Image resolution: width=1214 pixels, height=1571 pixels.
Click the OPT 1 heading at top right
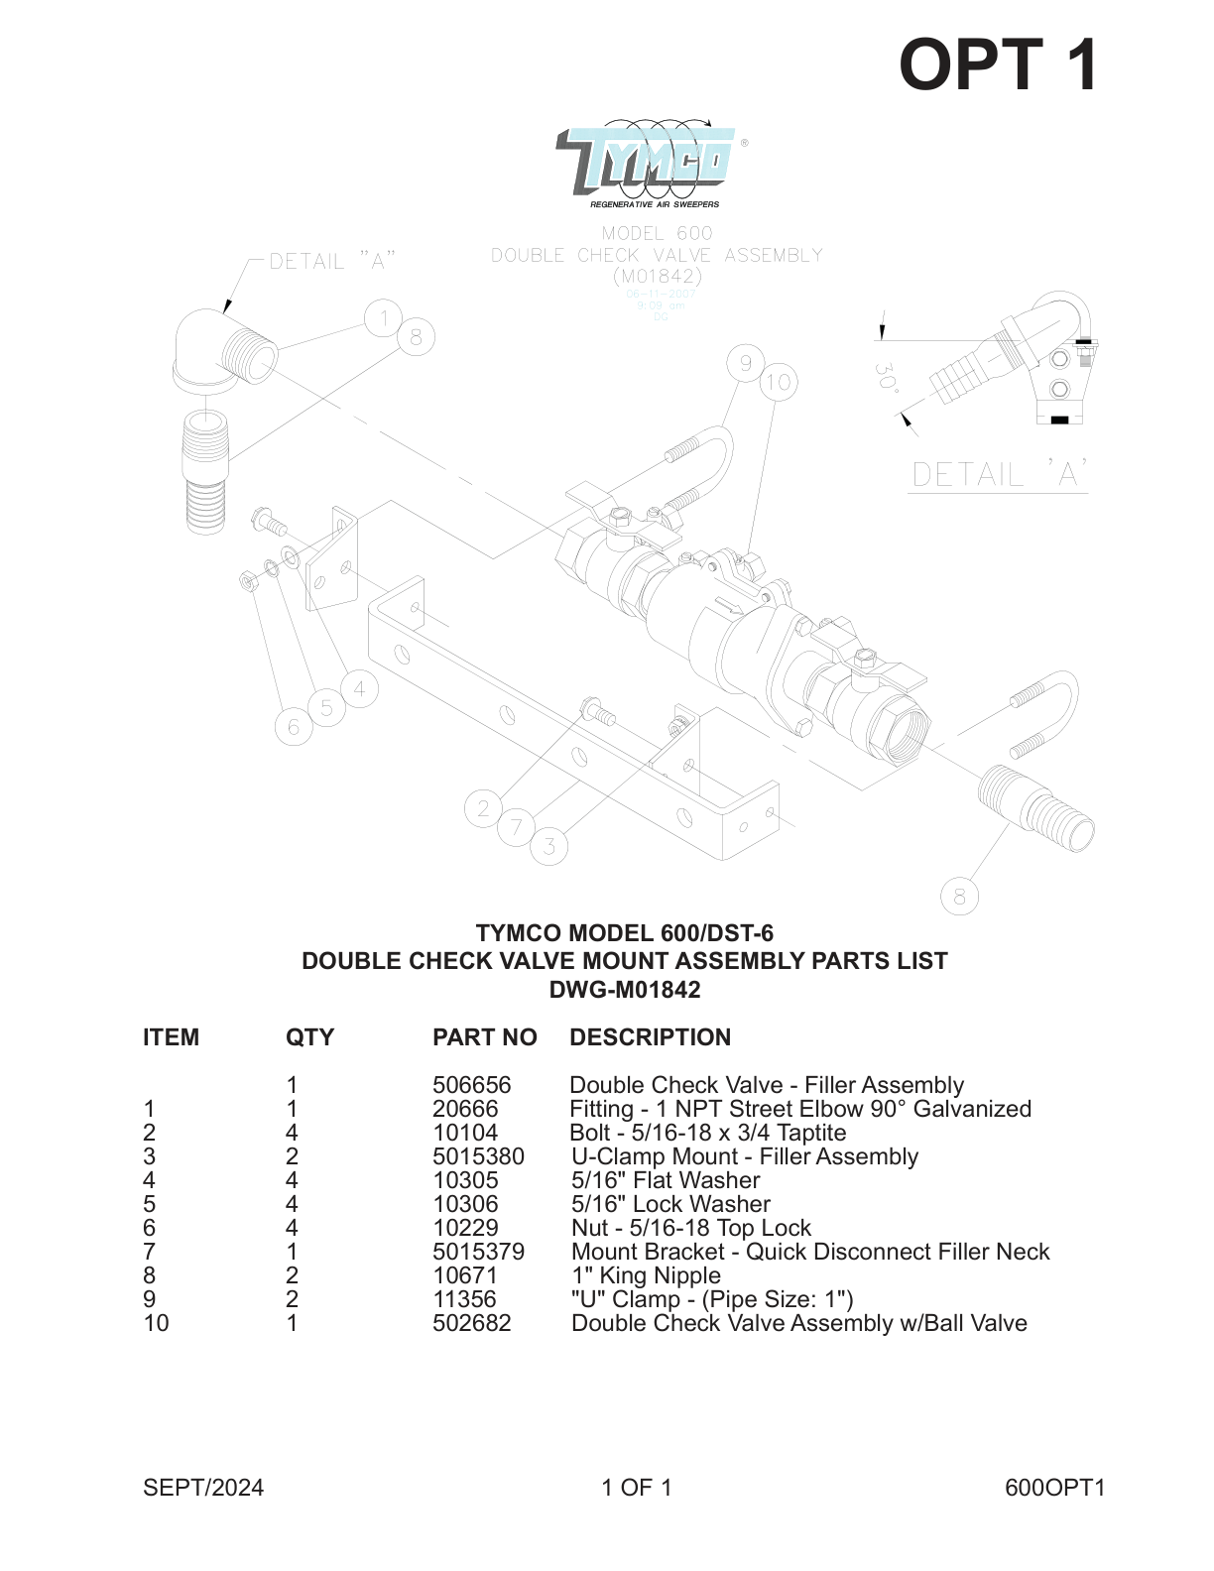tap(998, 65)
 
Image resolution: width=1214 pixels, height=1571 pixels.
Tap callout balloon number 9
tap(745, 364)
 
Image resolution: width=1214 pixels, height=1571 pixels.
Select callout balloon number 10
tap(779, 383)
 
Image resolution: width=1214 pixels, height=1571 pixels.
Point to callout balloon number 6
tap(294, 728)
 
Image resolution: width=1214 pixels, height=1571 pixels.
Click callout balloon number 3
tap(549, 846)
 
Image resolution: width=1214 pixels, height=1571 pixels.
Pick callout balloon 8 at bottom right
tap(959, 898)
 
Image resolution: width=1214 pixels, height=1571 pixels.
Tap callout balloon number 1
tap(383, 318)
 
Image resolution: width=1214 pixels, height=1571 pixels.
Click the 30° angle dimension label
tap(886, 379)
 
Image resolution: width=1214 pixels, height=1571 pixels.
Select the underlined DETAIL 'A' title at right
tap(998, 475)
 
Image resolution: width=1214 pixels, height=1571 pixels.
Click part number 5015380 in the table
tap(478, 1156)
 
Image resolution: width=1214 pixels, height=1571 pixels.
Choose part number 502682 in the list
tap(471, 1323)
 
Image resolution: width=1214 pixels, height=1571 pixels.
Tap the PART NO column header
tap(484, 1037)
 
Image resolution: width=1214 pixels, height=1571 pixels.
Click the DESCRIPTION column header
tap(650, 1037)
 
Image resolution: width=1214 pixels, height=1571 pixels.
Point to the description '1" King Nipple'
tap(646, 1275)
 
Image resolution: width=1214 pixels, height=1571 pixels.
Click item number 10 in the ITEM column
tap(156, 1323)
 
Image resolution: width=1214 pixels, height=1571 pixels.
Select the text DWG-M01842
tap(625, 990)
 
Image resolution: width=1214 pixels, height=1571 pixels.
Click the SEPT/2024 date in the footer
tap(203, 1488)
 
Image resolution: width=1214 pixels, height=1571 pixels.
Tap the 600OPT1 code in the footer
tap(1054, 1488)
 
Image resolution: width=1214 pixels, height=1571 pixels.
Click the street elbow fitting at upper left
tap(220, 352)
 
